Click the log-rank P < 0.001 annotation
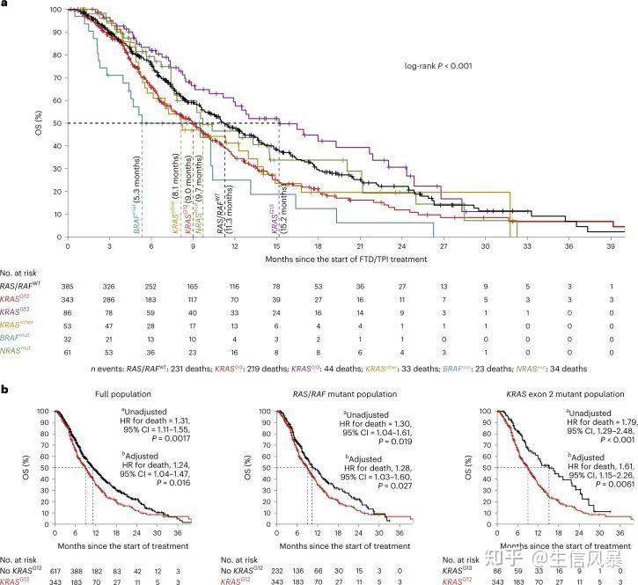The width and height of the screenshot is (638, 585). (441, 66)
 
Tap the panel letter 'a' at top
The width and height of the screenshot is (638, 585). (4, 4)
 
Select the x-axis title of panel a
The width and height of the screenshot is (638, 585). (345, 260)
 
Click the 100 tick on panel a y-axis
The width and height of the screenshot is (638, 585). (43, 10)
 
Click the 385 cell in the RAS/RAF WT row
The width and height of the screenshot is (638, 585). (66, 287)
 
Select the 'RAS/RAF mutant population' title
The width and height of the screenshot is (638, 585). (345, 394)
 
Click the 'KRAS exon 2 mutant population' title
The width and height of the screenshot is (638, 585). (562, 394)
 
